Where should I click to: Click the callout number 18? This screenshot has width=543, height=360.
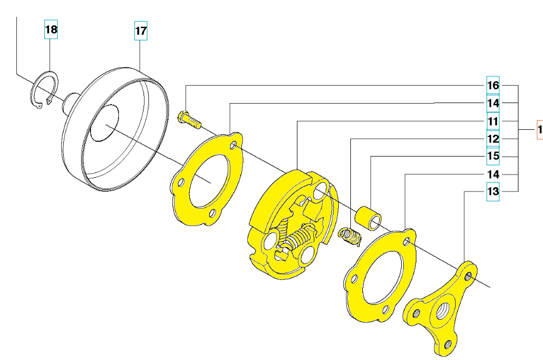pos(51,29)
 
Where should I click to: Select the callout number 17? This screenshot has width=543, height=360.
pos(141,31)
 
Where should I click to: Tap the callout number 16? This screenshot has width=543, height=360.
pos(493,85)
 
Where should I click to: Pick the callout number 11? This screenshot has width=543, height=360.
pos(493,121)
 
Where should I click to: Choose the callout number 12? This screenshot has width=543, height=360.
pos(493,139)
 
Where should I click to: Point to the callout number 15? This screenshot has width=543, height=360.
pos(493,156)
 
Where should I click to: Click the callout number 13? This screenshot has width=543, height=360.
pos(493,191)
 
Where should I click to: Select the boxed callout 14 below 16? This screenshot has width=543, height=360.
pos(493,103)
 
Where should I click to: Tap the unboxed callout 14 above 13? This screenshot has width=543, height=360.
pos(493,175)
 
